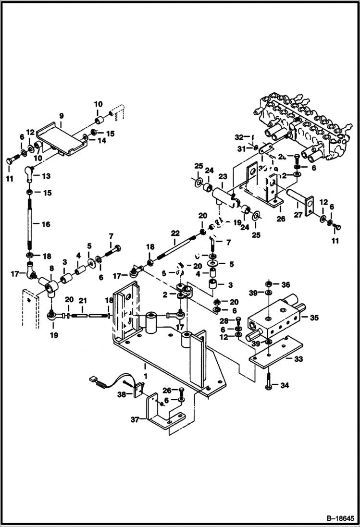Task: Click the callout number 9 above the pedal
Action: [62, 116]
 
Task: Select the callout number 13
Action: [46, 177]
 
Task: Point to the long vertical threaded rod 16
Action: [30, 224]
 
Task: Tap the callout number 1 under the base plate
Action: [145, 366]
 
